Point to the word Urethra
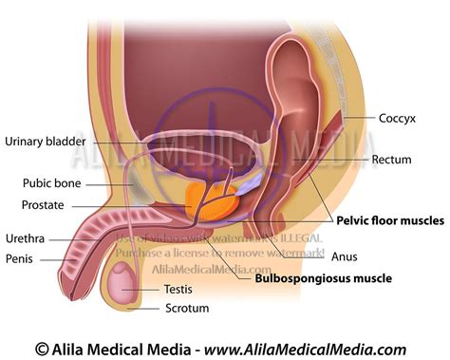click(x=25, y=240)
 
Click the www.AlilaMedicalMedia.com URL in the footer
click(x=323, y=349)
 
